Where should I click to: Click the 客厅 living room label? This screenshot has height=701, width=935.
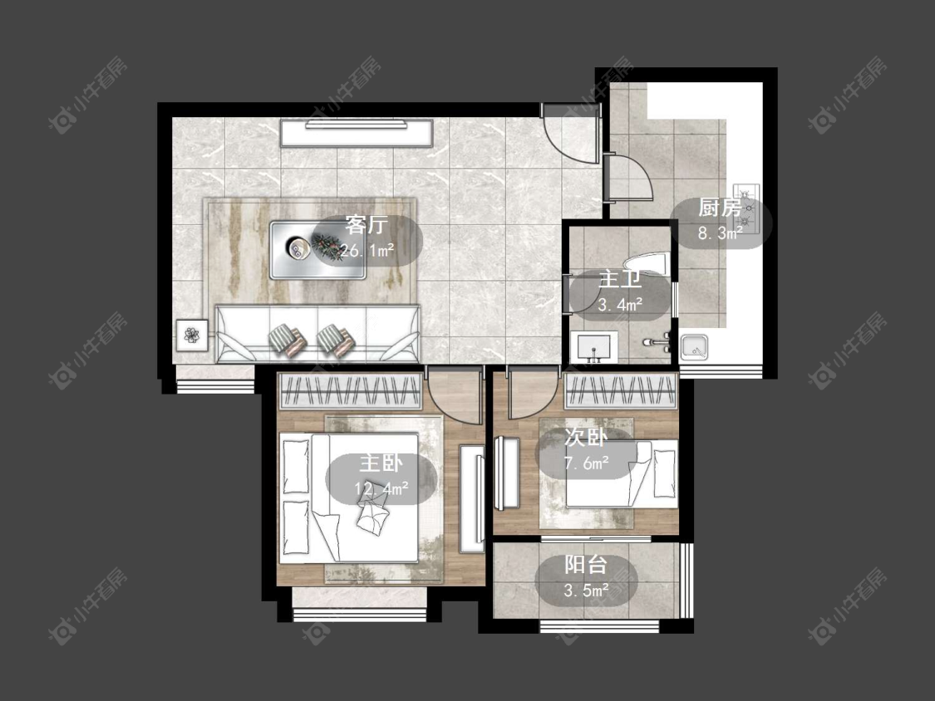367,225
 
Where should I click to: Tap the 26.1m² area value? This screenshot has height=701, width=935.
367,250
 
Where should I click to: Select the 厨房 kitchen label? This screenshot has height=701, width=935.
721,208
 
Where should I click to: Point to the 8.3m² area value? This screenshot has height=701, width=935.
721,233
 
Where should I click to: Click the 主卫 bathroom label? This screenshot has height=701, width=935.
619,280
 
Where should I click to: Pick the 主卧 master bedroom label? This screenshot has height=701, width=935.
381,463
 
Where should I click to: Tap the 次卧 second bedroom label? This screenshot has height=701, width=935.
586,438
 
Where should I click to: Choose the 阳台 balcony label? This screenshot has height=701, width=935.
586,565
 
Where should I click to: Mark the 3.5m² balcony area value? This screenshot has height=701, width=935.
586,591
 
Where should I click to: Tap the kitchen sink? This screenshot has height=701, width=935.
694,347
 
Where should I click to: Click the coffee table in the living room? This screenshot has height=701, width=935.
317,250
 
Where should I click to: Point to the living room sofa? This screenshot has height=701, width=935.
317,334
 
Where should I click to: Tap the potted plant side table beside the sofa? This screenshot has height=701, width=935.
192,335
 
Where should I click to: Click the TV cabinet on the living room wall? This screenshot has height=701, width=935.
357,133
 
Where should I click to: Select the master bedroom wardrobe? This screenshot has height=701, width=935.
351,392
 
